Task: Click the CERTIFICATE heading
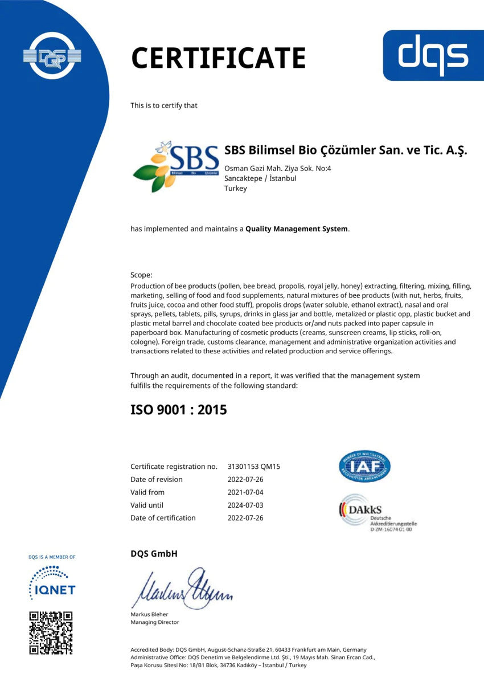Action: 218,58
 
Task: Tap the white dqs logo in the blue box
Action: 433,55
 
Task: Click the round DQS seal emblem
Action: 52,55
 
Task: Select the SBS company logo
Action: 176,165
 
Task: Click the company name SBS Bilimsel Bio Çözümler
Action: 346,150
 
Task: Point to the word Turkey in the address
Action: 236,189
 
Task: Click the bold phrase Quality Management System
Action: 297,229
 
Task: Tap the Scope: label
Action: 141,275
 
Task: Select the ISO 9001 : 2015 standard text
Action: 178,409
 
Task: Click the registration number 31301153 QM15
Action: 253,467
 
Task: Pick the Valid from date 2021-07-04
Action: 245,492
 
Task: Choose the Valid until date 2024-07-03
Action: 245,505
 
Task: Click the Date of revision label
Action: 157,479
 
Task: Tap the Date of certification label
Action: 163,518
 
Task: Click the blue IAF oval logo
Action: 364,466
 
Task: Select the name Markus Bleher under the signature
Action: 149,614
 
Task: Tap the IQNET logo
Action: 52,582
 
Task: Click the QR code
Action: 51,632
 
